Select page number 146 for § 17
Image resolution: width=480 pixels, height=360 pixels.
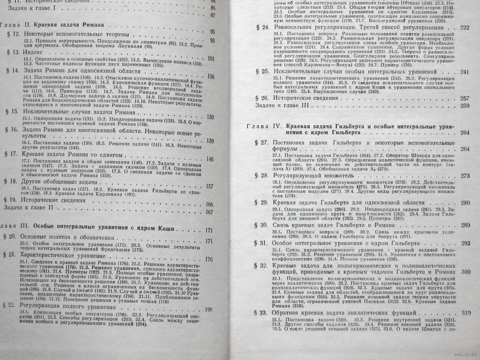point(210,159)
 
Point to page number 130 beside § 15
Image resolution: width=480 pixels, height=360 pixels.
point(210,117)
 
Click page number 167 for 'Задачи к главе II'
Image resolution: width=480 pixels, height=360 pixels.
point(209,212)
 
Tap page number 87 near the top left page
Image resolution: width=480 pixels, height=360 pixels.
point(214,16)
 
